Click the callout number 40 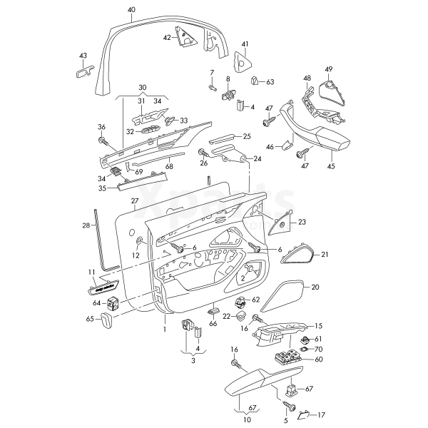pos(131,9)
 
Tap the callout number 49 pos(329,68)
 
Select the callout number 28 pos(86,225)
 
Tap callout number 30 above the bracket pos(143,88)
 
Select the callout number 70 pos(319,349)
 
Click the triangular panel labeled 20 pos(282,296)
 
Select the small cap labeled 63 pos(255,81)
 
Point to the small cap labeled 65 pos(105,321)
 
